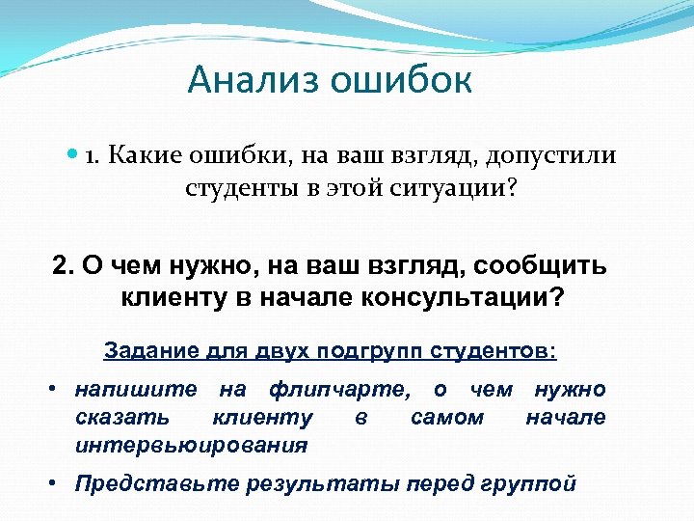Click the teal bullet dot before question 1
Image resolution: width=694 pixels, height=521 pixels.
pos(74,155)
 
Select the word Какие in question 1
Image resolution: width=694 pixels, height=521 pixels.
pos(147,155)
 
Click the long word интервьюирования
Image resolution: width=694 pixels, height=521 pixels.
pos(191,446)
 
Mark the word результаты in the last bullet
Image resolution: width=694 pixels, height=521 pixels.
pos(309,484)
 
